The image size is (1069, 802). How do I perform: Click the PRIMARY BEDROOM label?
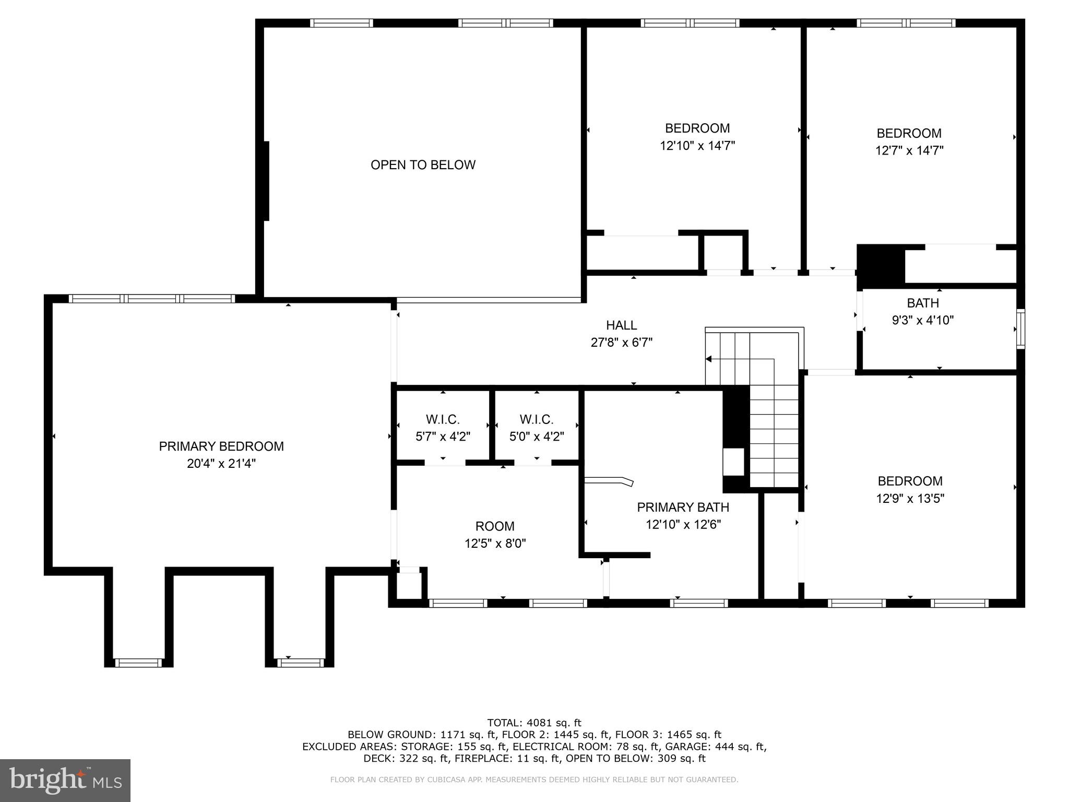click(221, 446)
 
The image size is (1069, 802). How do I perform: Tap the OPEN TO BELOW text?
click(423, 165)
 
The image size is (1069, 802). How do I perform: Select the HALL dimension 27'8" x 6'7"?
click(621, 343)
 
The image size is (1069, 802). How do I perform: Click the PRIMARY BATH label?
click(683, 507)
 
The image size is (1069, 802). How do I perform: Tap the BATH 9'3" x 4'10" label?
click(922, 312)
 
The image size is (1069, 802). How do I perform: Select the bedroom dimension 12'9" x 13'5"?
click(910, 499)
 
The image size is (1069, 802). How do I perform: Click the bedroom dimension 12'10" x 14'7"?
click(697, 146)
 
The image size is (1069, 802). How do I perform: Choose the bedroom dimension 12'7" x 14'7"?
click(909, 150)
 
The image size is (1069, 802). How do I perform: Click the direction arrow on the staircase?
click(709, 359)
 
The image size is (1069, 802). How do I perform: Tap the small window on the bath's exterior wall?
click(1020, 329)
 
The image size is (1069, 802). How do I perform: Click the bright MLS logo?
click(65, 780)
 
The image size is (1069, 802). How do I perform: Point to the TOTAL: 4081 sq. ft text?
click(533, 723)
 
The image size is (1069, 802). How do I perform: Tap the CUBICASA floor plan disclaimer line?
click(533, 780)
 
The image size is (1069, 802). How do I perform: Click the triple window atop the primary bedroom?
click(152, 299)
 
